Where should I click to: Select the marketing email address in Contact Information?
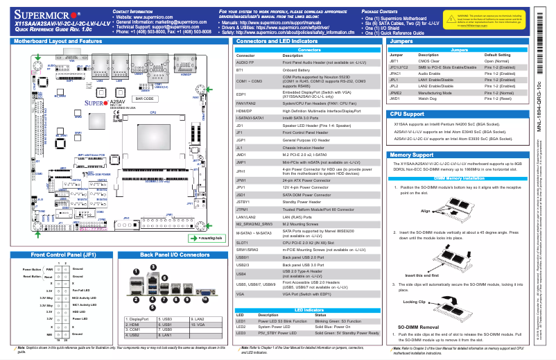coord(160,22)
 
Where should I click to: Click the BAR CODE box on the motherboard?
coord(144,98)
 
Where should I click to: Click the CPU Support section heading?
coord(413,113)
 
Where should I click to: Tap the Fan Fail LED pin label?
coord(82,290)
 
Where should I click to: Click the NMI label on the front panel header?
coord(49,334)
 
